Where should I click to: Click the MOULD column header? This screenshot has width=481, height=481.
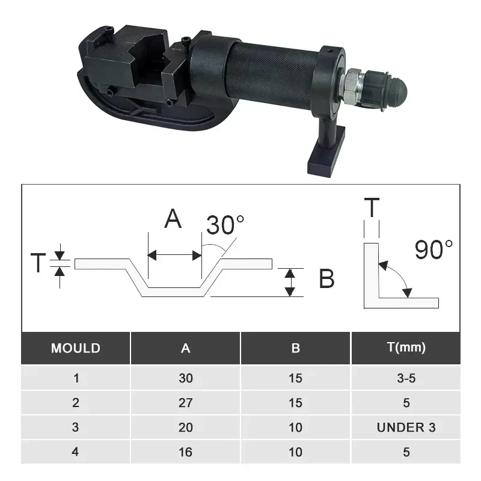point(76,348)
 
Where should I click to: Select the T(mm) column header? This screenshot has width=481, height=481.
point(406,348)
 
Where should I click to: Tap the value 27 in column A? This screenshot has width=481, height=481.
point(186,403)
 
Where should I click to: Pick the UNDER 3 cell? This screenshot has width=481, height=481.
point(406,427)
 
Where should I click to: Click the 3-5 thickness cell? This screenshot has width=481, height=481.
point(406,378)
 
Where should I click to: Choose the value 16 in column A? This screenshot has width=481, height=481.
point(186,452)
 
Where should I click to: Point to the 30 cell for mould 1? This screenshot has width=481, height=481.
point(186,378)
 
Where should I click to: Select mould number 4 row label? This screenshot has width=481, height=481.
point(76,452)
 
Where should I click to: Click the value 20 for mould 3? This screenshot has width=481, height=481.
point(186,427)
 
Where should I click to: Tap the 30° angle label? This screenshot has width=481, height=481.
point(225,225)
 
